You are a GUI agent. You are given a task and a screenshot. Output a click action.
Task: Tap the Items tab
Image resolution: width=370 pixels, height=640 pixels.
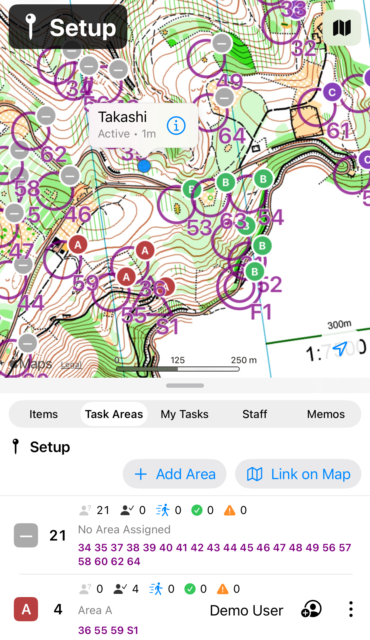(44, 414)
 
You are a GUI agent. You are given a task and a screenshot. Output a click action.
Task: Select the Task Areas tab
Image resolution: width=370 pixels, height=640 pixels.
(114, 414)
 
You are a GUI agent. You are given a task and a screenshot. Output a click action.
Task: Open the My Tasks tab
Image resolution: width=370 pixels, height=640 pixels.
(184, 414)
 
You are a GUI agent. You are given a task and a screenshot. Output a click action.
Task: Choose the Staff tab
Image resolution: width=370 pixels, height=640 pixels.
(255, 414)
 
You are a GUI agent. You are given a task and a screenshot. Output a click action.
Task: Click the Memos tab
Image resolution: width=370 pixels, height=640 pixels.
(326, 414)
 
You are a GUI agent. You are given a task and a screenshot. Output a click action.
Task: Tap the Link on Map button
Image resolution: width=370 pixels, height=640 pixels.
(298, 474)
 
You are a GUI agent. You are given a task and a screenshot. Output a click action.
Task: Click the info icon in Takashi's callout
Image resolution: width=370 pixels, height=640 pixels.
(176, 126)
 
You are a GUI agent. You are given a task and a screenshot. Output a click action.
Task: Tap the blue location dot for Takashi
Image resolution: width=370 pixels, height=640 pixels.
(144, 166)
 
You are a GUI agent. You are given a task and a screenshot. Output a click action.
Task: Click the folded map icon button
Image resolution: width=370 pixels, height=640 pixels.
(342, 28)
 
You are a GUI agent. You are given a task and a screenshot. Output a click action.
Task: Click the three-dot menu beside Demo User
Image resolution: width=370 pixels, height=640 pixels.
(351, 609)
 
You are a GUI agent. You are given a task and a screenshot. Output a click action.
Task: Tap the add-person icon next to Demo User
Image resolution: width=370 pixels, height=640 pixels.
(311, 609)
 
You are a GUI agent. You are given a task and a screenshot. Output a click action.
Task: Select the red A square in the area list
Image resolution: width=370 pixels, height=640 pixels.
(26, 609)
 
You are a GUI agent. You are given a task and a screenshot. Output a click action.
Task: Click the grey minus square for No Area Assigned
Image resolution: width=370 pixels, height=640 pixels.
(26, 535)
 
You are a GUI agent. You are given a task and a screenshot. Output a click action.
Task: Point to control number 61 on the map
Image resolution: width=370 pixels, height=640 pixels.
(338, 130)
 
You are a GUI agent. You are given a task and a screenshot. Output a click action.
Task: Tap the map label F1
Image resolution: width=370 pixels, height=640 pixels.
(261, 312)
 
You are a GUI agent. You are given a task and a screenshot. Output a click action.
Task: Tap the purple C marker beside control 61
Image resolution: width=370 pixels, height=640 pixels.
(332, 92)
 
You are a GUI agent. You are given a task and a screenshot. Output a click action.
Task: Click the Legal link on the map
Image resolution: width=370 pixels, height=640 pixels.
(71, 365)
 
